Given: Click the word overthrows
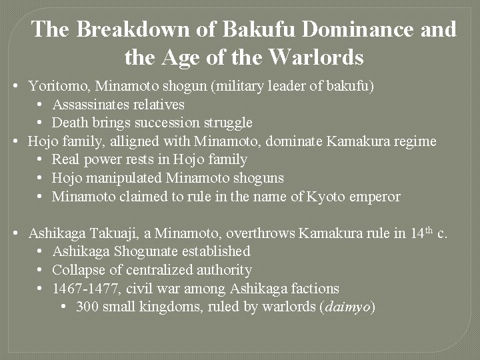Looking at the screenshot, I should click(261, 233).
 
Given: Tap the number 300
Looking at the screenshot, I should click(87, 307).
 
